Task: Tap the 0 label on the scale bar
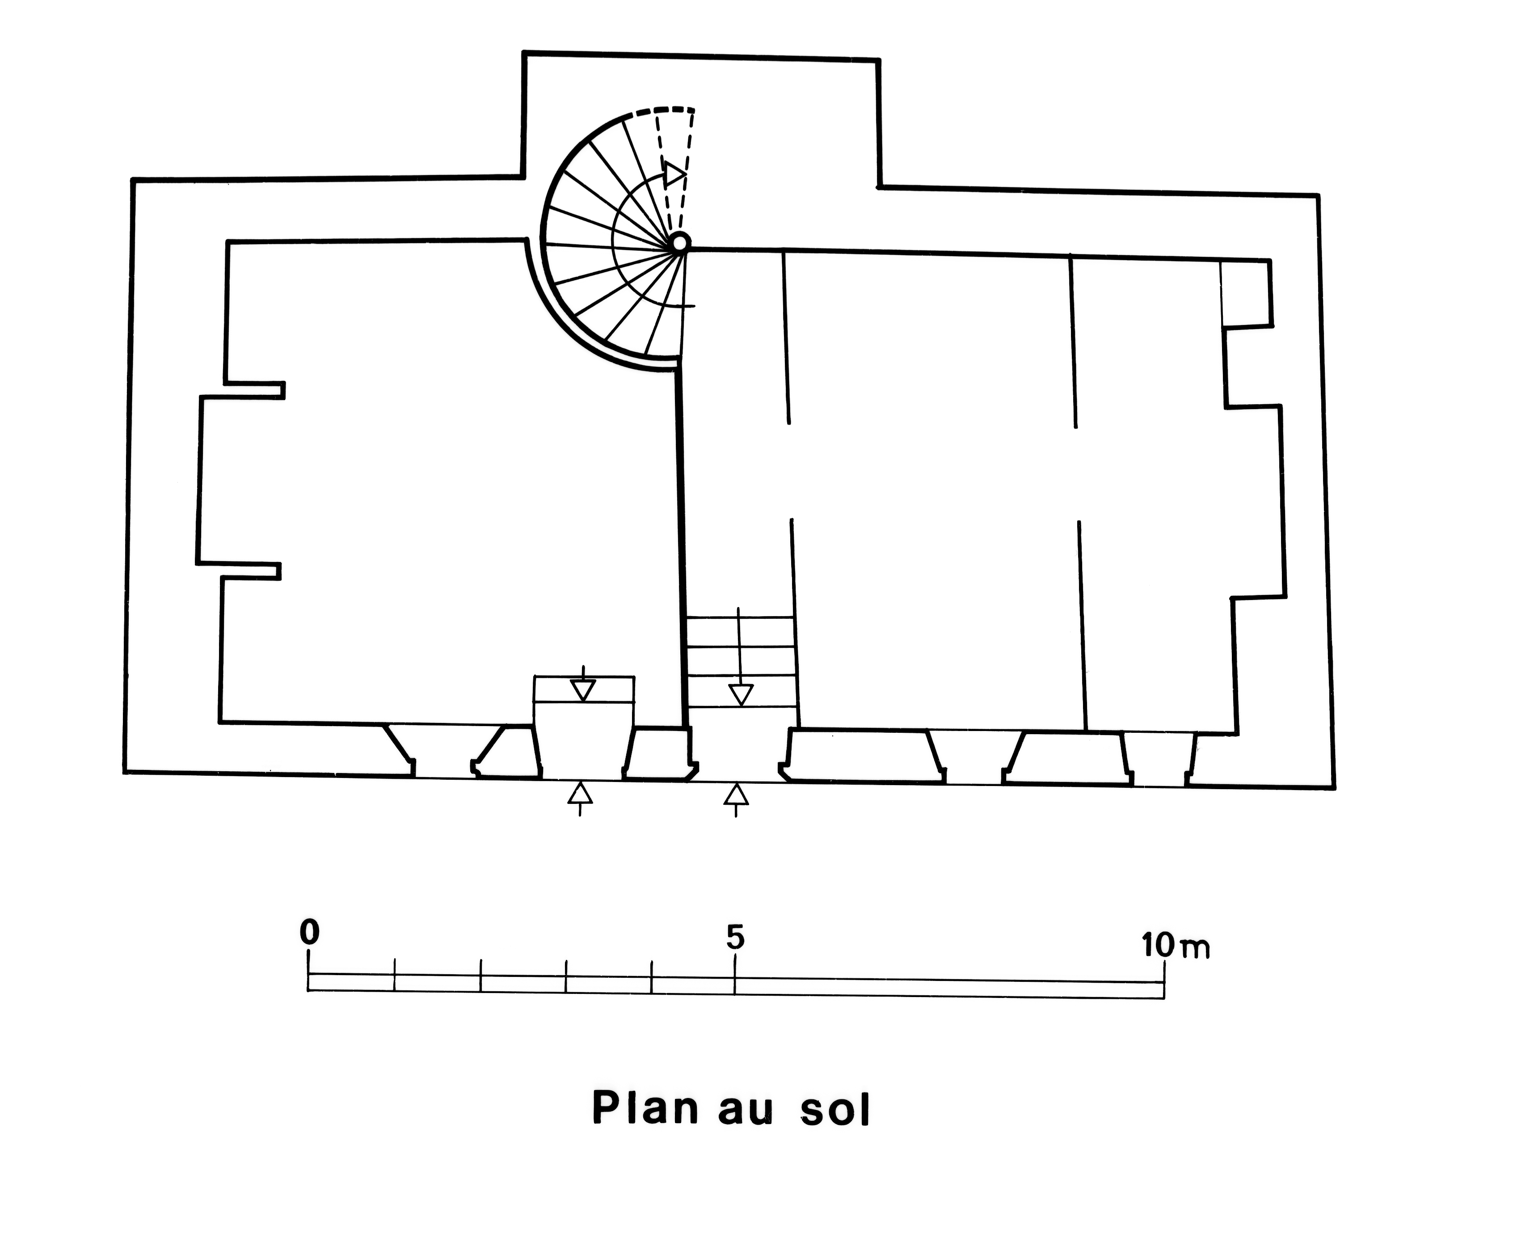coord(309,932)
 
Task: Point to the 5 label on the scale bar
coord(735,938)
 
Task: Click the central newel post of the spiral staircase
coord(679,243)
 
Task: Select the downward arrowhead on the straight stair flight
coord(741,694)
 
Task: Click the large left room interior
coord(441,484)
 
